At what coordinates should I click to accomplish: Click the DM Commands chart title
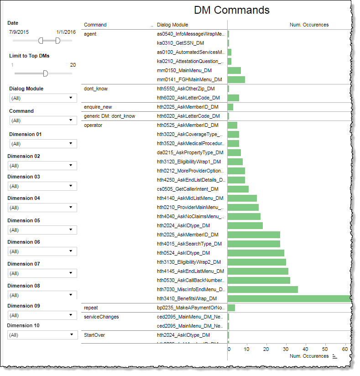pos(231,10)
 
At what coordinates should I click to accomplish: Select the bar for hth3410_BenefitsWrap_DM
pos(289,298)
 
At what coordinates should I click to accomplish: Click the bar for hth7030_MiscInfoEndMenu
pos(262,289)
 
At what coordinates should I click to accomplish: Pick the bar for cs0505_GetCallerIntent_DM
pos(238,189)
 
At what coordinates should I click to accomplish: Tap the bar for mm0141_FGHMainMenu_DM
pos(236,79)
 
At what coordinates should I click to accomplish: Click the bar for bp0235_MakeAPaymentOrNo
pos(231,308)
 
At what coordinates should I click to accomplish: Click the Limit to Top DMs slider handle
pos(45,73)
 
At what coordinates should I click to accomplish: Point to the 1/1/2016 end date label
pos(66,32)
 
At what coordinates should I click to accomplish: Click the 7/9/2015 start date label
pos(19,32)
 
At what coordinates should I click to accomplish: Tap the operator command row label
pos(93,125)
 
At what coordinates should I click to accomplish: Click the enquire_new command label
pos(98,107)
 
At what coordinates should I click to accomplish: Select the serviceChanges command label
pos(101,316)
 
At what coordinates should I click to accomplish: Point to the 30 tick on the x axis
pos(286,349)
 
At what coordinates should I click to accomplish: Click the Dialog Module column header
pos(172,25)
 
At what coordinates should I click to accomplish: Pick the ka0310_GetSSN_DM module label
pos(181,43)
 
